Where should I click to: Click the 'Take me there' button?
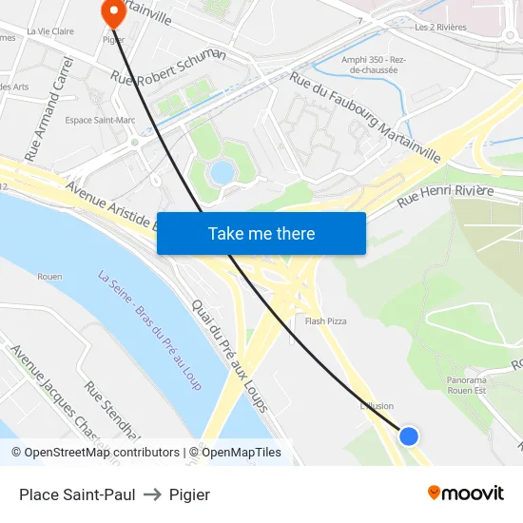pos(261,233)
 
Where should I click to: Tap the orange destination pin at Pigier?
pos(112,12)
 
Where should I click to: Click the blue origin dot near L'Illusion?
pos(409,436)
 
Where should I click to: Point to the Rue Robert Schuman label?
pos(168,67)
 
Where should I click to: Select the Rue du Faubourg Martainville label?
pos(365,117)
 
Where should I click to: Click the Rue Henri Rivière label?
pos(445,196)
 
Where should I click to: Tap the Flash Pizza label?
pos(325,321)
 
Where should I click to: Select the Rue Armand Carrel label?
pos(48,107)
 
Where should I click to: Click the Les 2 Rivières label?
pos(440,28)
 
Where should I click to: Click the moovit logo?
pos(465,493)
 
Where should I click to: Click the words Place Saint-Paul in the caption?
pos(77,494)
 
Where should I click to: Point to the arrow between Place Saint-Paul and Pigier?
pos(152,494)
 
